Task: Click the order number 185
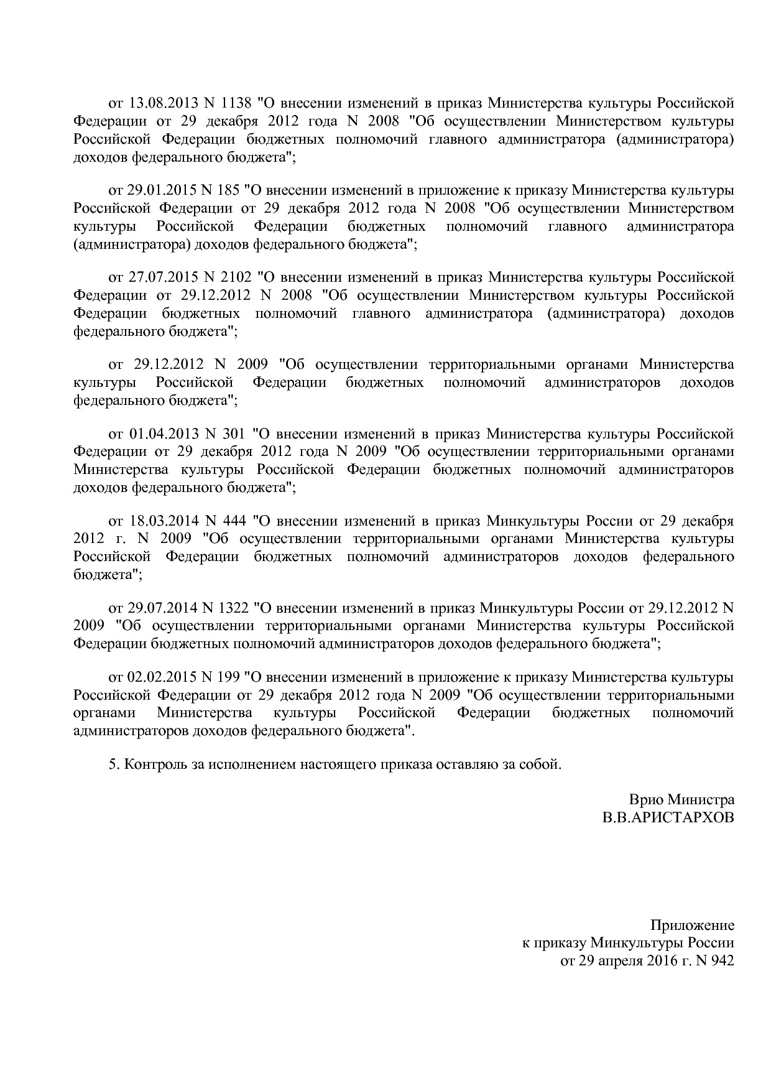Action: point(229,190)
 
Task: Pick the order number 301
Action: point(232,434)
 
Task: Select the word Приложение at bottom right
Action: point(692,926)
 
